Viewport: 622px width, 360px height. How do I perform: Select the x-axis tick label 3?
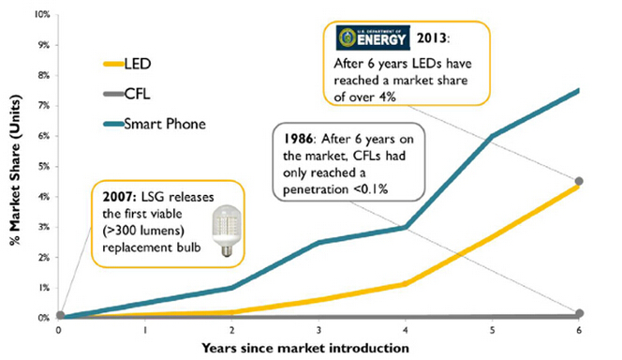click(318, 330)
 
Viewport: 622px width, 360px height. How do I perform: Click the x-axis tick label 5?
click(493, 330)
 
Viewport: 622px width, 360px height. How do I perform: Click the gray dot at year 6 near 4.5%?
click(580, 181)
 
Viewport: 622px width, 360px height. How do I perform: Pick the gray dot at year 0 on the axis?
click(61, 316)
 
